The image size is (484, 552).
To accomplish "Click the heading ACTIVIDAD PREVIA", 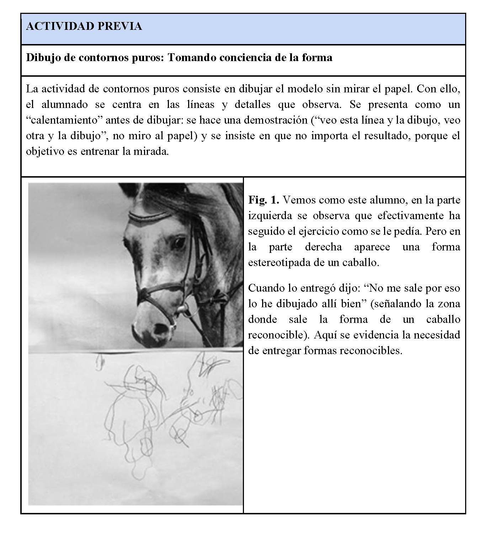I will pyautogui.click(x=84, y=26).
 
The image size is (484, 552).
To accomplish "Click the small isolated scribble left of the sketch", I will pyautogui.click(x=100, y=362).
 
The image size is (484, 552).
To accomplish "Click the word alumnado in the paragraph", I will pyautogui.click(x=65, y=104).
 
